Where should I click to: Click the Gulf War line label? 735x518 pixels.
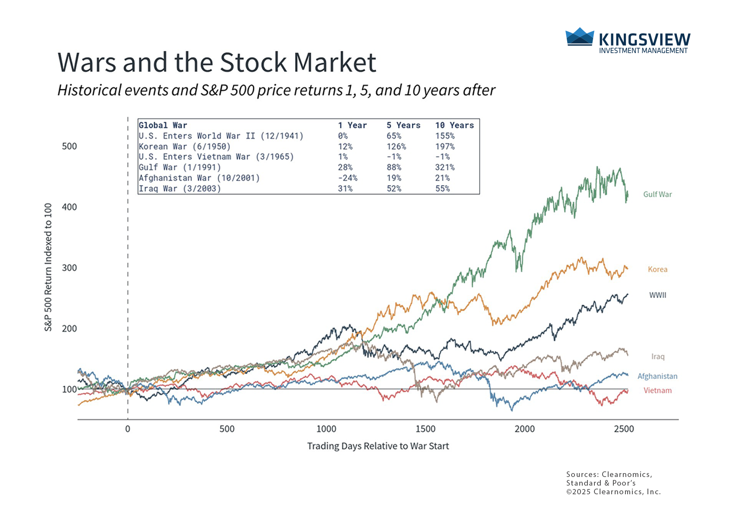[x=657, y=194]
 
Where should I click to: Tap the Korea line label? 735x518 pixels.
[x=657, y=269]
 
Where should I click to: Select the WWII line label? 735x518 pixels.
[x=658, y=295]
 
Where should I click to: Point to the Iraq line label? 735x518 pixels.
[x=658, y=357]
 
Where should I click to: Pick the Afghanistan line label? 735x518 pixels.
[x=657, y=376]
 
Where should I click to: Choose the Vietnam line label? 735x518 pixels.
[x=657, y=391]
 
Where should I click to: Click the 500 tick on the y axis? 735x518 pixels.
[x=69, y=146]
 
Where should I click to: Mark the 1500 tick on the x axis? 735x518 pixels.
[x=425, y=429]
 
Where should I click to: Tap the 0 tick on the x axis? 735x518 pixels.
[x=128, y=429]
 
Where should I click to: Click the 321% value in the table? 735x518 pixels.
[x=445, y=167]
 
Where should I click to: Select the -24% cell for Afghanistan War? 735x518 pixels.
[x=348, y=178]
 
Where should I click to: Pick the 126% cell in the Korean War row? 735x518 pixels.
[x=396, y=146]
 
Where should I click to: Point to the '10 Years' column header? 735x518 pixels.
[x=454, y=125]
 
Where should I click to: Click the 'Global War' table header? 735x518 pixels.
[x=163, y=125]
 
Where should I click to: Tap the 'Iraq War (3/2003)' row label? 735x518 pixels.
[x=179, y=189]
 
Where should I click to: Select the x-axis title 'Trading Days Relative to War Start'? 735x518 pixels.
[x=378, y=446]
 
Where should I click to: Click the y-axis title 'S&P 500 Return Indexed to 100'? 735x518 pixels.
[x=48, y=268]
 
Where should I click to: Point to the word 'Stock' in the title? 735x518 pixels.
[x=254, y=63]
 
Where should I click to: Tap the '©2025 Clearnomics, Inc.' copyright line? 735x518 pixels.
[x=613, y=492]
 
